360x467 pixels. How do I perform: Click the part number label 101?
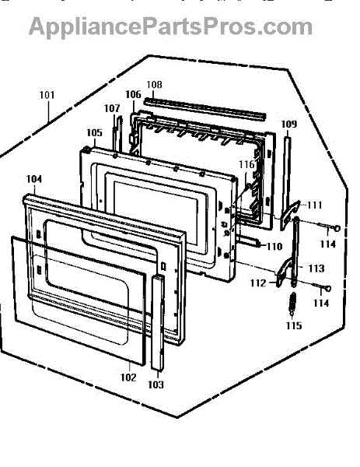point(47,95)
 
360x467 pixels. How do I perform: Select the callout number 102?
point(128,377)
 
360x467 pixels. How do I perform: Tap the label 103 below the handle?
point(156,384)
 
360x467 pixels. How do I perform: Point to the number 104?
point(34,179)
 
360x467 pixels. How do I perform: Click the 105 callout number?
point(94,133)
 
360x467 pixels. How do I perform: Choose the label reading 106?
point(133,94)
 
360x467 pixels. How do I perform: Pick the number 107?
point(112,108)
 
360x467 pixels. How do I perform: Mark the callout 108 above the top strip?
point(155,85)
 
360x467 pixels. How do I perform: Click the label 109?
point(289,124)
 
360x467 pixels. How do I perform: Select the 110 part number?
point(274,246)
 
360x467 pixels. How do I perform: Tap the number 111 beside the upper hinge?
point(314,205)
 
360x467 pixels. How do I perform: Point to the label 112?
point(258,283)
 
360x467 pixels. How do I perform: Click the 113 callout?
point(316,269)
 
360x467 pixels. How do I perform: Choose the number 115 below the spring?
point(294,325)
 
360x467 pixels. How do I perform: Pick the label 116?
point(246,164)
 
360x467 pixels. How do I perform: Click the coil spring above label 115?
point(293,304)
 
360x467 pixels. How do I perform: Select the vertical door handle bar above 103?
point(157,322)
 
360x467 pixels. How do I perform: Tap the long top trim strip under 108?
point(204,110)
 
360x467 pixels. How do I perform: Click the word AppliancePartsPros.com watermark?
point(170,27)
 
